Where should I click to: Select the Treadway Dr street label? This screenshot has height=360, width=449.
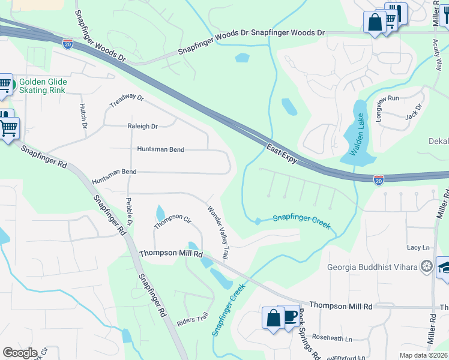click(127, 101)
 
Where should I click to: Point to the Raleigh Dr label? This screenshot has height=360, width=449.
click(142, 127)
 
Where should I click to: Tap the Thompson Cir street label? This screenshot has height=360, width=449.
click(172, 221)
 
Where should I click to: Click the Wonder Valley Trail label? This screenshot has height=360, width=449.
click(218, 233)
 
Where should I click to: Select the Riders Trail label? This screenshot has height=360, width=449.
click(193, 320)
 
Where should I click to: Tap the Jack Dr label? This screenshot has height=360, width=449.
click(414, 111)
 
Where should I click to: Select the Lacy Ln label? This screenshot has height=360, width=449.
click(418, 247)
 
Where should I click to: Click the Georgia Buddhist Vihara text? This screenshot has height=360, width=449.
click(372, 267)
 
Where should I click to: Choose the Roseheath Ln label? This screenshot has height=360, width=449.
click(332, 338)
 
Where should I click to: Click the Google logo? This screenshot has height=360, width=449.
click(20, 353)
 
